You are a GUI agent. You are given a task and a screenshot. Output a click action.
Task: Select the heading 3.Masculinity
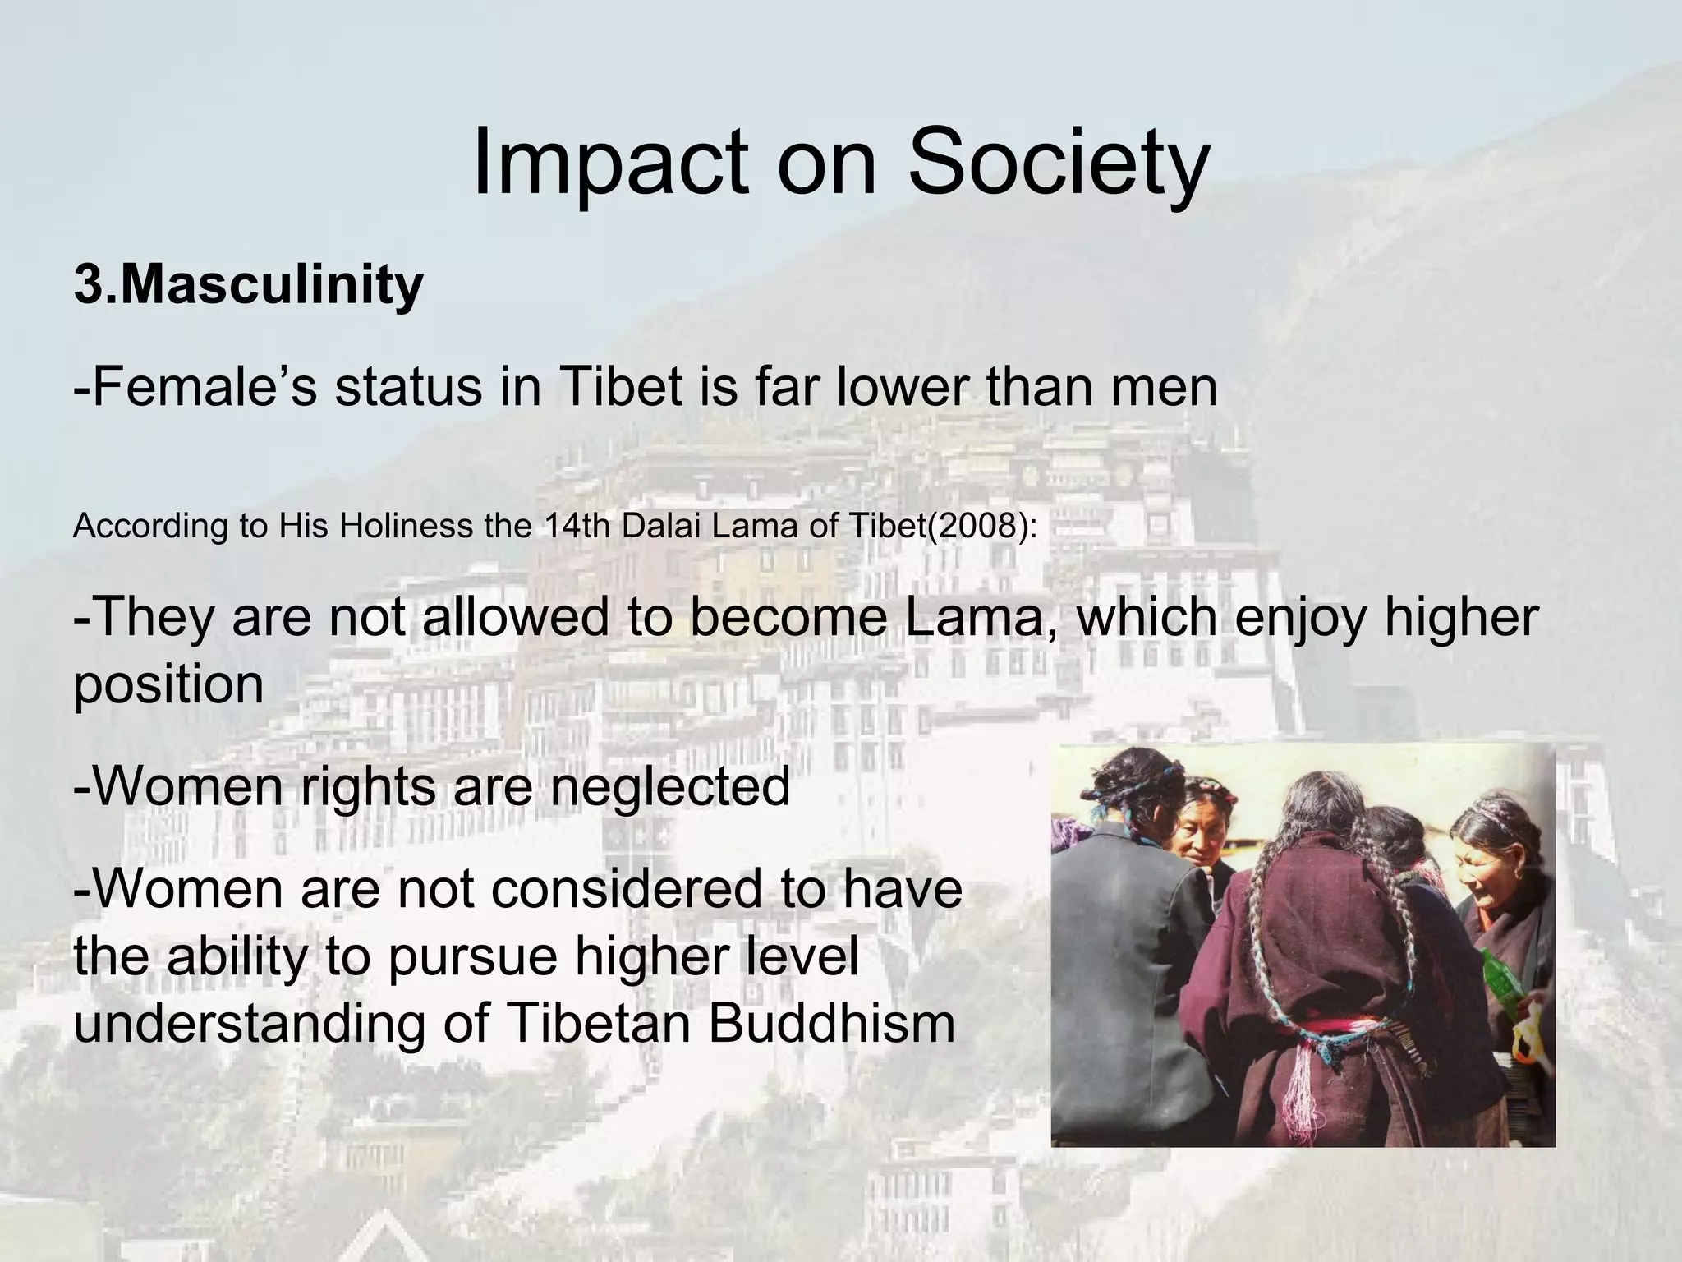click(x=248, y=285)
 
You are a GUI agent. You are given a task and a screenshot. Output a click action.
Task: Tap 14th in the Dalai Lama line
click(x=578, y=526)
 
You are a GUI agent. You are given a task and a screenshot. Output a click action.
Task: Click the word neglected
click(x=669, y=786)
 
